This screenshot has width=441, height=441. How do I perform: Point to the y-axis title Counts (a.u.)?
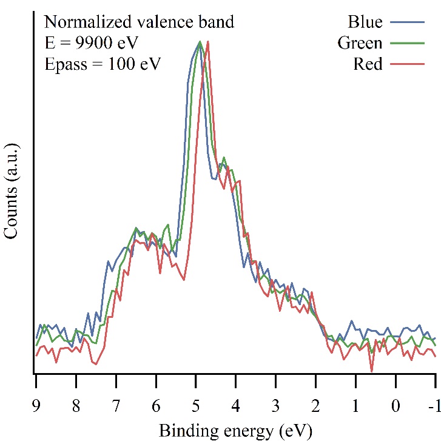pos(12,192)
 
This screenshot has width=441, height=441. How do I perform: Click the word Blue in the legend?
pos(365,22)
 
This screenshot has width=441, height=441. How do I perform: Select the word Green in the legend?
pos(360,43)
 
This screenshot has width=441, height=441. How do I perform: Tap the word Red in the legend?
pos(368,64)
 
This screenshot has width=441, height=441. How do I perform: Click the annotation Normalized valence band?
pos(140,22)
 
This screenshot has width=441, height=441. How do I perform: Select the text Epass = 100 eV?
pos(103,64)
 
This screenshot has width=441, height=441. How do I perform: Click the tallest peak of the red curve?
pos(208,42)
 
